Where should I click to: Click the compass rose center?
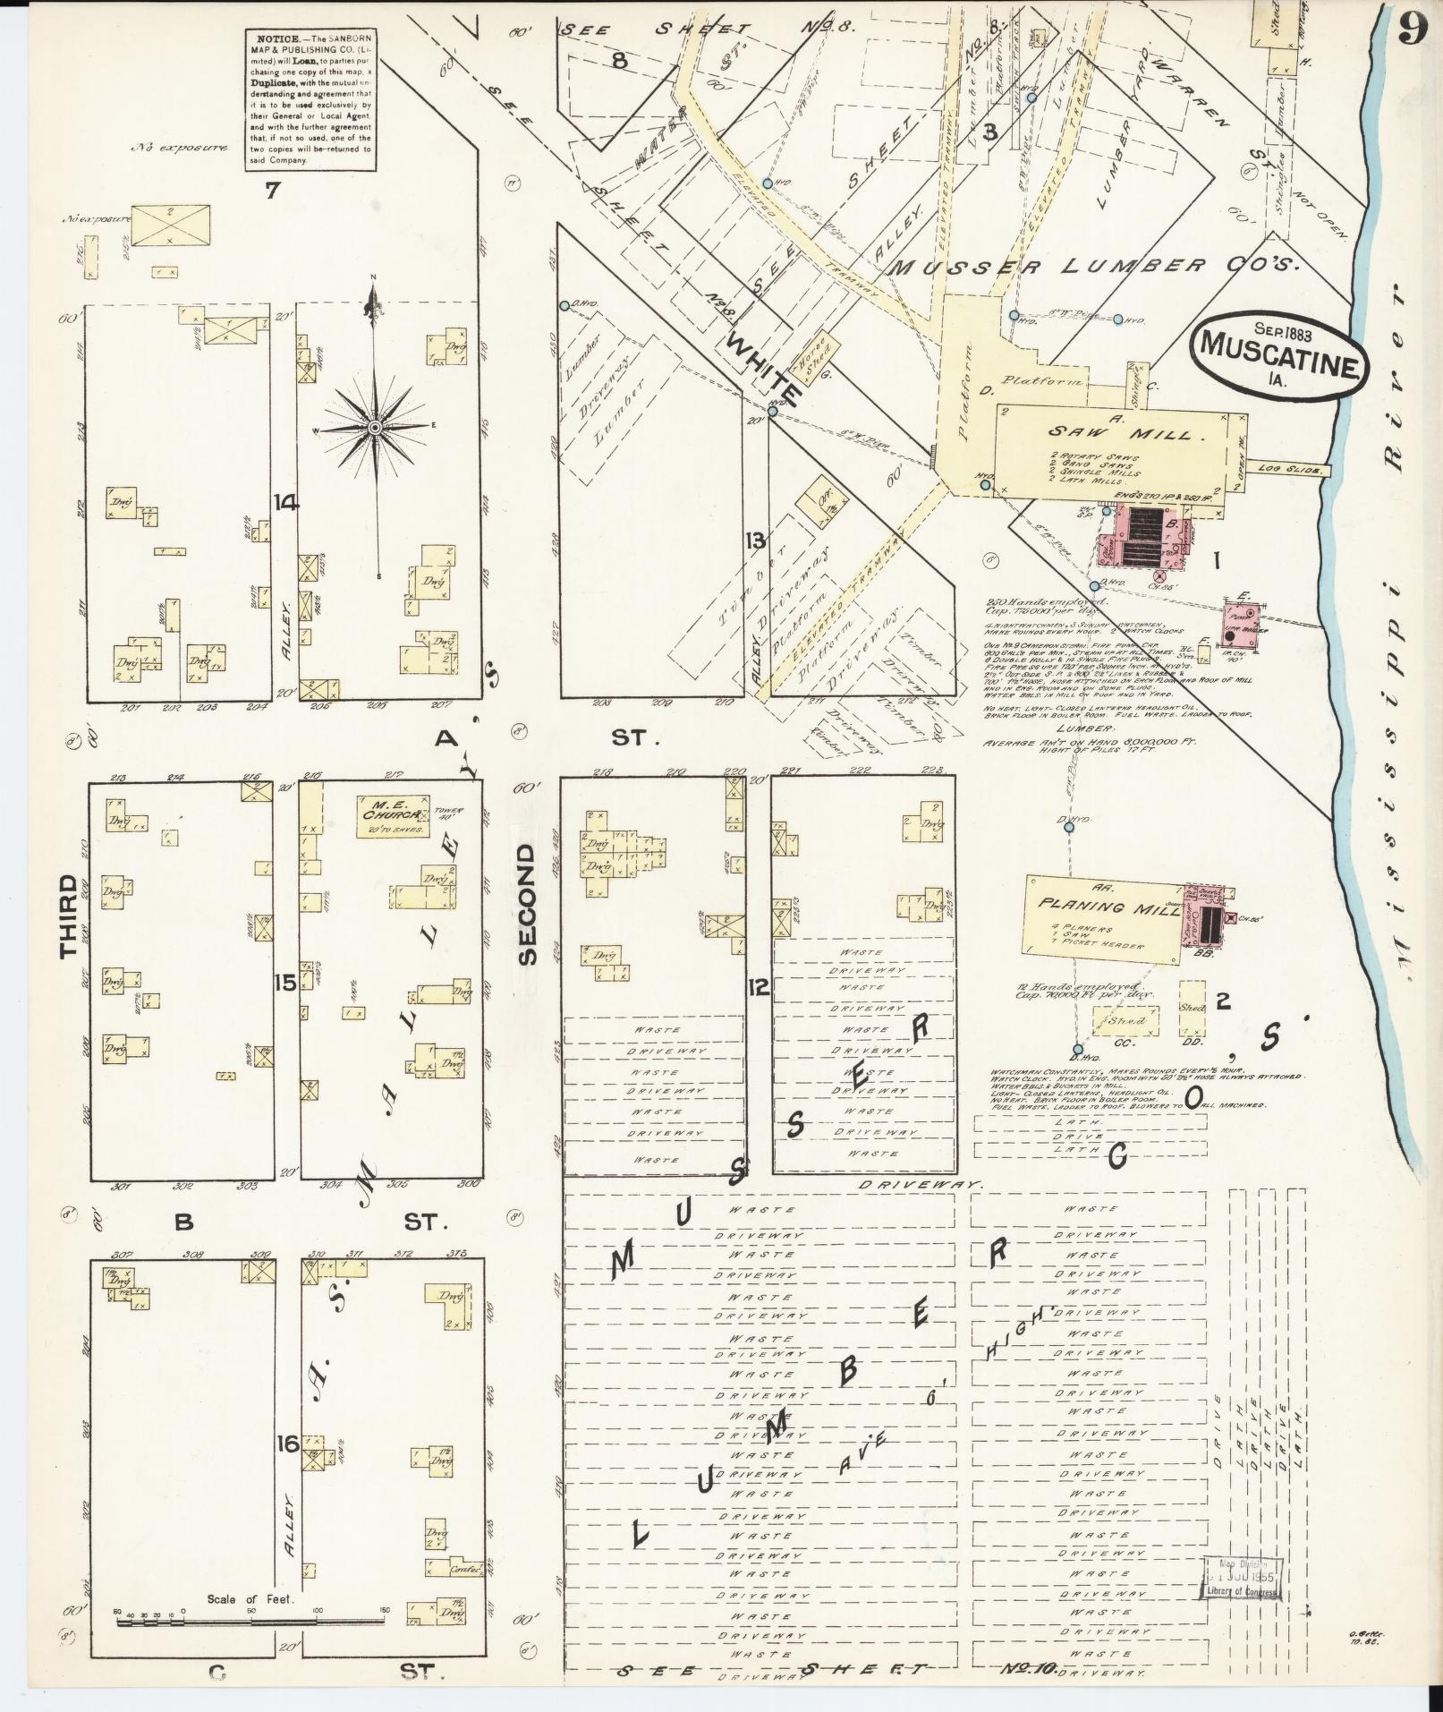pos(375,430)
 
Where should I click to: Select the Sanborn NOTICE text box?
pos(310,98)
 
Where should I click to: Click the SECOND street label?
pos(526,903)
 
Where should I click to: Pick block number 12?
pos(759,988)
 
